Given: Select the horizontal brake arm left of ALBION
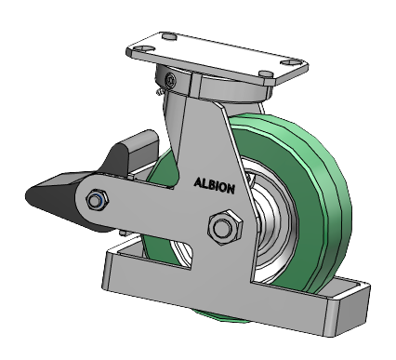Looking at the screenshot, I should click(139, 200).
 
